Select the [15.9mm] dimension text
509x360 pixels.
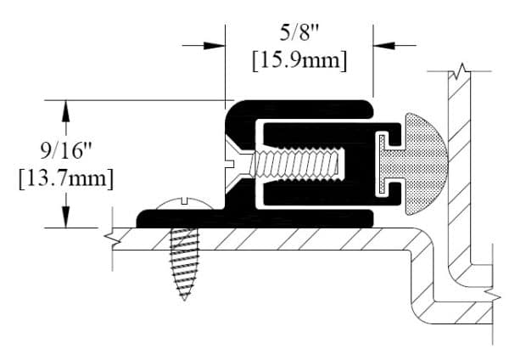(x=301, y=62)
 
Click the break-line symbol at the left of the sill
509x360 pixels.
(x=108, y=236)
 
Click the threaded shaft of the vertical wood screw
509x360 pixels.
(x=183, y=259)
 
